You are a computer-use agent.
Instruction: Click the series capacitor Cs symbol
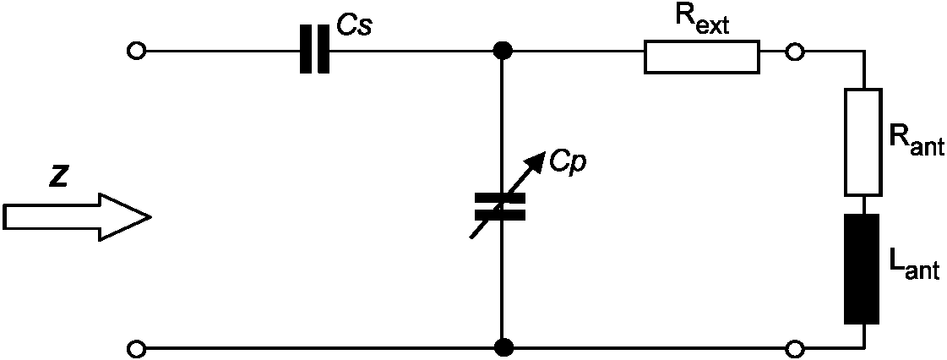[x=314, y=50]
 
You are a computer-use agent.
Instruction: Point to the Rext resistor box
[x=701, y=57]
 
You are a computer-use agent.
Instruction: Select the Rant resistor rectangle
[x=863, y=143]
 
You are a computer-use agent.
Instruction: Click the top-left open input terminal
[x=136, y=51]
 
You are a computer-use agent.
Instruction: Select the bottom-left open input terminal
[x=136, y=348]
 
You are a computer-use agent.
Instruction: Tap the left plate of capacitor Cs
[x=306, y=50]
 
